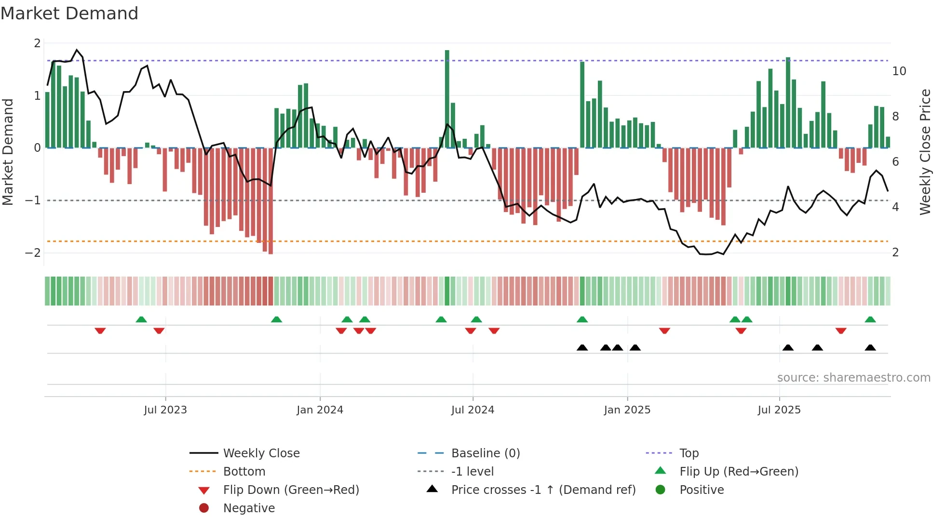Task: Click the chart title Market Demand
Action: [x=69, y=13]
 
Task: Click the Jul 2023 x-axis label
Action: [x=165, y=410]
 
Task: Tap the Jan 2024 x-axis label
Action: [x=320, y=410]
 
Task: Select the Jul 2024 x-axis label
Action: [x=472, y=410]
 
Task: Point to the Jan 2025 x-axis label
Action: [x=627, y=410]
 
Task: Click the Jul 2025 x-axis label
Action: [x=779, y=410]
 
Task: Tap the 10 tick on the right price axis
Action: [x=899, y=71]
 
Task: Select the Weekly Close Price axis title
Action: [x=925, y=152]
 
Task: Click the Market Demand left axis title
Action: [x=8, y=152]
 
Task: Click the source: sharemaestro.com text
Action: [x=853, y=378]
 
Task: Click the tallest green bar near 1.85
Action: [x=447, y=96]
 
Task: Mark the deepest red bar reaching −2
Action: [x=270, y=202]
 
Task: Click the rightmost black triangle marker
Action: [x=870, y=348]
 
